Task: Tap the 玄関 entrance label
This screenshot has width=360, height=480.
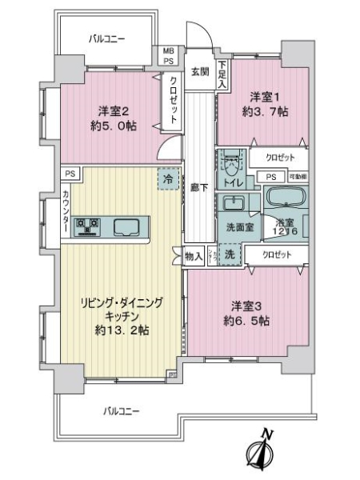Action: [x=199, y=70]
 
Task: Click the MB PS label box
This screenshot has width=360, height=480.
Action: [x=169, y=55]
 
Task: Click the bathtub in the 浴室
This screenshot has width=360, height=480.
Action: [x=284, y=198]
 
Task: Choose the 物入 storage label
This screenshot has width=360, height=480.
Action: [x=194, y=256]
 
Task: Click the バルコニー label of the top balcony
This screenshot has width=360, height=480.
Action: [x=106, y=38]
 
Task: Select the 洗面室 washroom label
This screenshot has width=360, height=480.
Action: [x=239, y=226]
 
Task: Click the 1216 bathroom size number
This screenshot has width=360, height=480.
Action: [x=286, y=231]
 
